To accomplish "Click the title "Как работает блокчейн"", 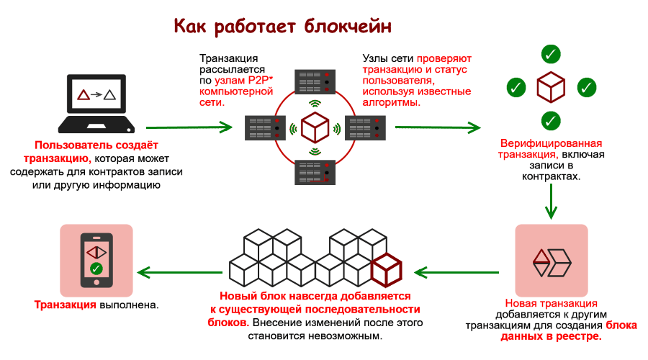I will pos(283,27).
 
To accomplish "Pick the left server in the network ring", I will pos(264,128).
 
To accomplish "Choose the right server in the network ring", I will pos(366,128).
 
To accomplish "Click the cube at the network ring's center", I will pos(315,128).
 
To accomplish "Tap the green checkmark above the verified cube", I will pos(551,53).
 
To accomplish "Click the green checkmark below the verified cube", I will pos(551,120).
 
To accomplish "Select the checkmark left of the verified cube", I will pos(516,87).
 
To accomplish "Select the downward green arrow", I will pos(551,201).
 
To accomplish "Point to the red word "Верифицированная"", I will pos(551,143).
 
